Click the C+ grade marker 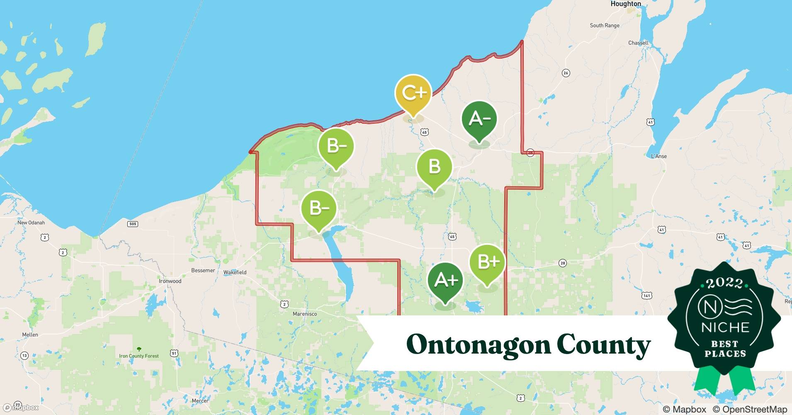(x=413, y=93)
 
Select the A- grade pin (x=479, y=120)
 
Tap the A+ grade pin (x=445, y=281)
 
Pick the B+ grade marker (x=487, y=262)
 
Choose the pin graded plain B (x=434, y=167)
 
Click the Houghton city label (x=625, y=4)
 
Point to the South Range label (x=604, y=25)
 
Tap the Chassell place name (x=638, y=43)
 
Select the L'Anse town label (x=658, y=156)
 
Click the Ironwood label (x=170, y=281)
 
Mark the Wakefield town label (x=235, y=272)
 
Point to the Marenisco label (x=304, y=314)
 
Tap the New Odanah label (x=31, y=222)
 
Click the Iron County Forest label (x=138, y=356)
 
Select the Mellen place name (x=30, y=334)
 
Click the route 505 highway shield (x=132, y=224)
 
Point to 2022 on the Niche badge (x=724, y=283)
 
